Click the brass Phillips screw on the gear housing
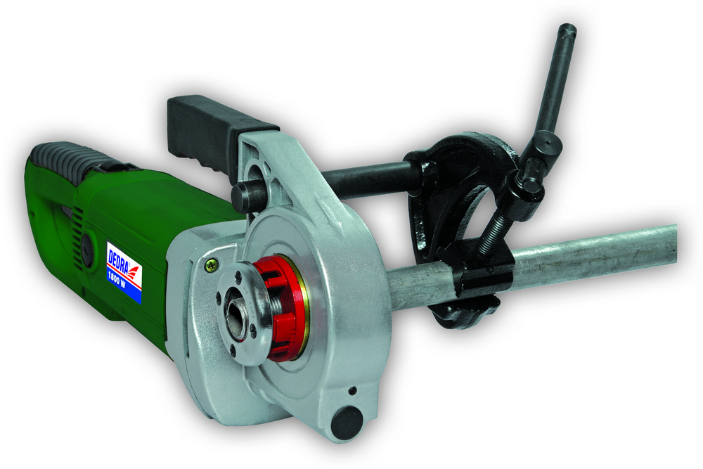[x=210, y=265]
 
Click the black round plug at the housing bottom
[x=347, y=423]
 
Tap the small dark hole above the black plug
[x=353, y=390]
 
